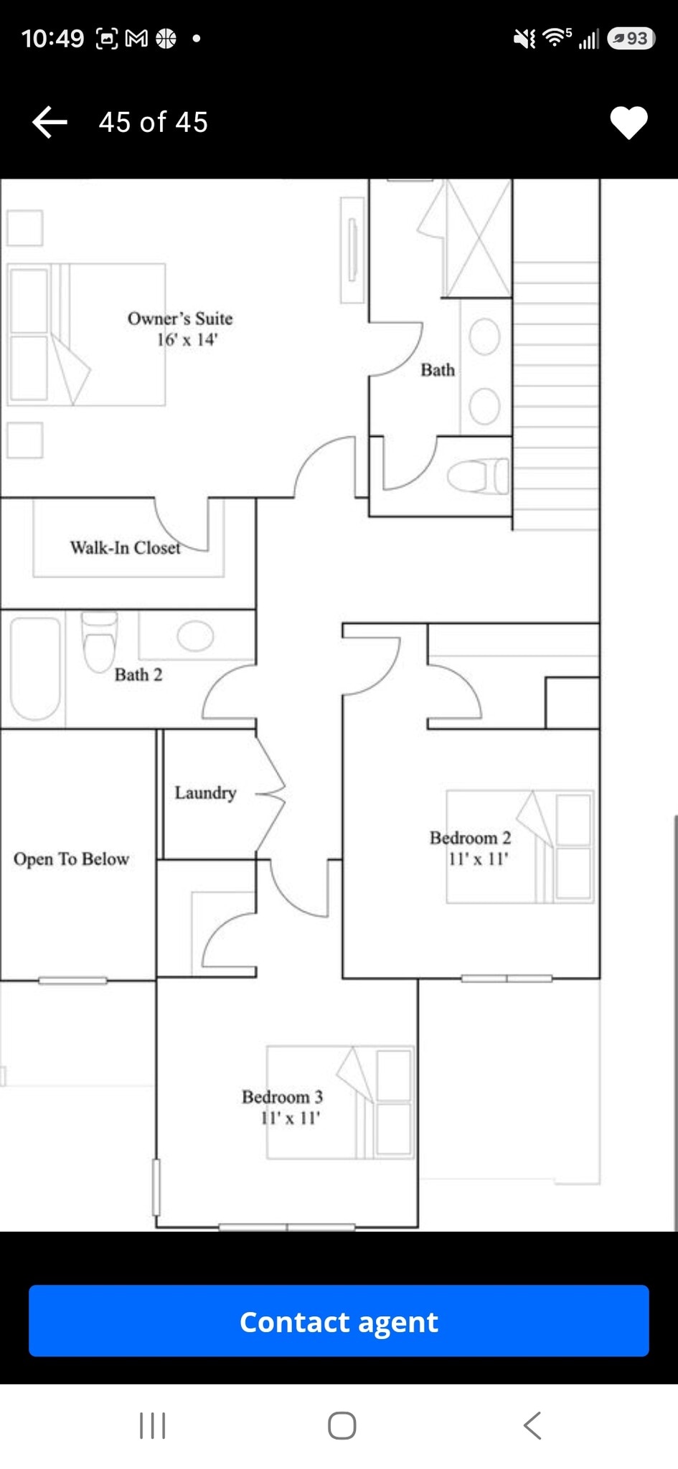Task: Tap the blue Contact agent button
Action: pos(339,1321)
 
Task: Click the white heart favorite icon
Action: pos(628,123)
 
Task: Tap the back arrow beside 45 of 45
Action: pos(50,122)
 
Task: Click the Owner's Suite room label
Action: pos(180,318)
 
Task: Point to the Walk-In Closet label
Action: pos(125,548)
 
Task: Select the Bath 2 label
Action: pos(138,675)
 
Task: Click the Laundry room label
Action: pos(205,793)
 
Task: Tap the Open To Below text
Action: pos(71,859)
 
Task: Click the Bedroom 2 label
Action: pos(470,838)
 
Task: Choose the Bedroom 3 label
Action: pos(282,1097)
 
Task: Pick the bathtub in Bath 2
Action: pos(34,669)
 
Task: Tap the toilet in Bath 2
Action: pos(99,641)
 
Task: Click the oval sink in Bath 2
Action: pos(195,636)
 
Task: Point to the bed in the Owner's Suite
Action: pos(86,335)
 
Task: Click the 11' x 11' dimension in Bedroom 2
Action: pos(478,859)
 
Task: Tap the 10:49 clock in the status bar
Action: pos(52,38)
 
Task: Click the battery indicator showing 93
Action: pos(631,38)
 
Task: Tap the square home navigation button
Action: pos(342,1425)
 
